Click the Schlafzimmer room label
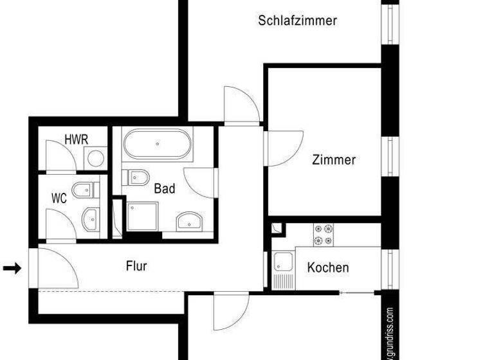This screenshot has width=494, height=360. coord(297,21)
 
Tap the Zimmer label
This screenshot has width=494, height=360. coord(334,159)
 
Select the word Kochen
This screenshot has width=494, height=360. coord(328,267)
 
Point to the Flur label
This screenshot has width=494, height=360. coord(136,265)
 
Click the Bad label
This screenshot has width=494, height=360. coord(165,189)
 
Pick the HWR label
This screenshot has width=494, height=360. coord(76,139)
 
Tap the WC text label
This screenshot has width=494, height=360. coord(59,198)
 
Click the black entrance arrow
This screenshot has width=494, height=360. coord(12,268)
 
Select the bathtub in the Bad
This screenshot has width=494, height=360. coord(157,145)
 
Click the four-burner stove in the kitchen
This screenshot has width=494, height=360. coord(324,235)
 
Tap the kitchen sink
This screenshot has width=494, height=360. coord(282,263)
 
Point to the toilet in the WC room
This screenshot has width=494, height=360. coord(86,190)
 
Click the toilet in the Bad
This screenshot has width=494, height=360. coord(136,176)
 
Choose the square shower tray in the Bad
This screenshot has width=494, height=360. coord(142,216)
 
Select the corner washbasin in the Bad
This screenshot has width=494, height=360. coord(190,221)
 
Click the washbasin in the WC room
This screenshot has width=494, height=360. coord(91,219)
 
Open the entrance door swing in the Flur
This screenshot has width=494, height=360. coord(58,267)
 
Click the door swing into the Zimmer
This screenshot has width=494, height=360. coord(284,145)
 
